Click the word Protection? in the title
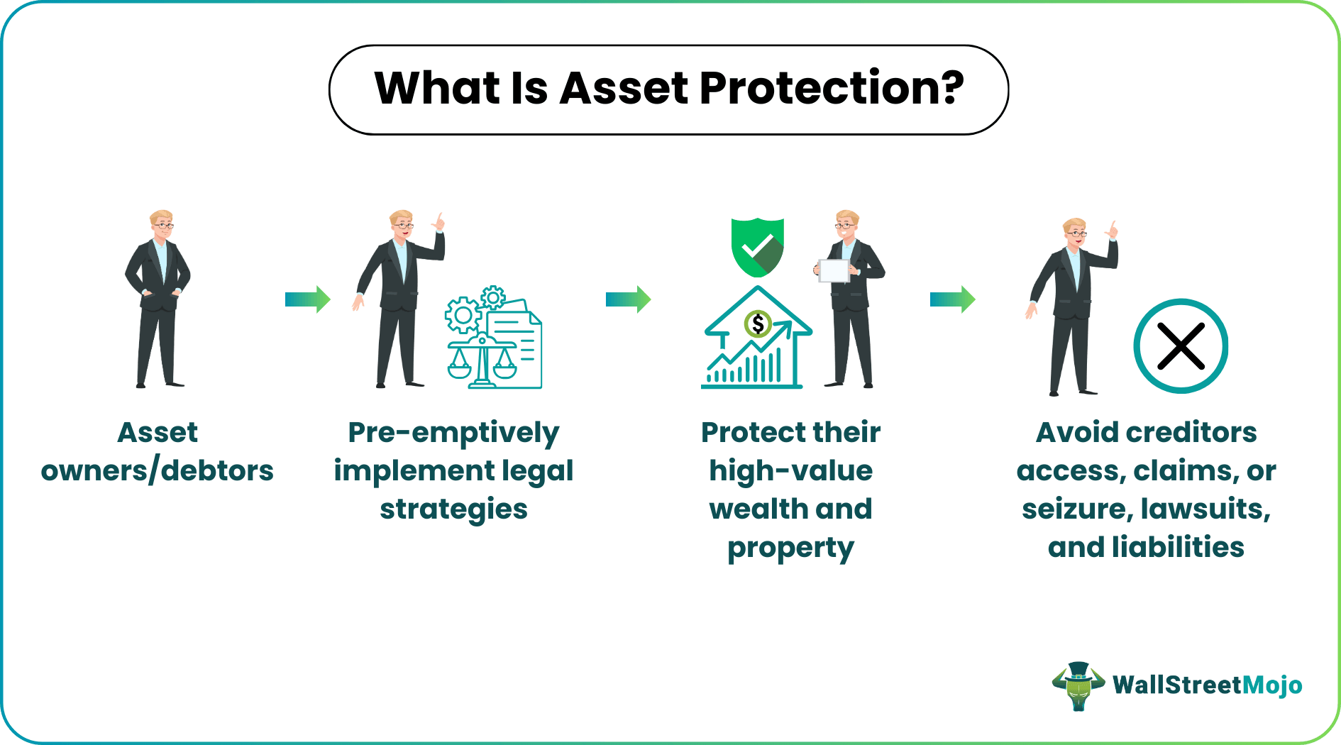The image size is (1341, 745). tap(832, 89)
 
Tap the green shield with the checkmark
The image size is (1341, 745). tap(758, 248)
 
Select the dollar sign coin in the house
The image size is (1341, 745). tap(758, 324)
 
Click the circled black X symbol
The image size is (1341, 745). tap(1181, 346)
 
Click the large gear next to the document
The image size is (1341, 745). tap(463, 315)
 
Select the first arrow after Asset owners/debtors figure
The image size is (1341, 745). tap(307, 299)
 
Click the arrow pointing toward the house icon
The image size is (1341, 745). tap(628, 299)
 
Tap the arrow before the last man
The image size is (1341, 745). tap(952, 299)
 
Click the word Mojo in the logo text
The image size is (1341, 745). tap(1273, 685)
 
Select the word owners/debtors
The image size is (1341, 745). tap(157, 471)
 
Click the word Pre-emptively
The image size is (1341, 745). tap(453, 433)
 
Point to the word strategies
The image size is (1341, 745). tap(453, 509)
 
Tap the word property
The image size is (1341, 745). tap(790, 548)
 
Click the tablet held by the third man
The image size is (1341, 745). tap(834, 270)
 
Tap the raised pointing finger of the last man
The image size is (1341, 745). tap(1113, 228)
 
